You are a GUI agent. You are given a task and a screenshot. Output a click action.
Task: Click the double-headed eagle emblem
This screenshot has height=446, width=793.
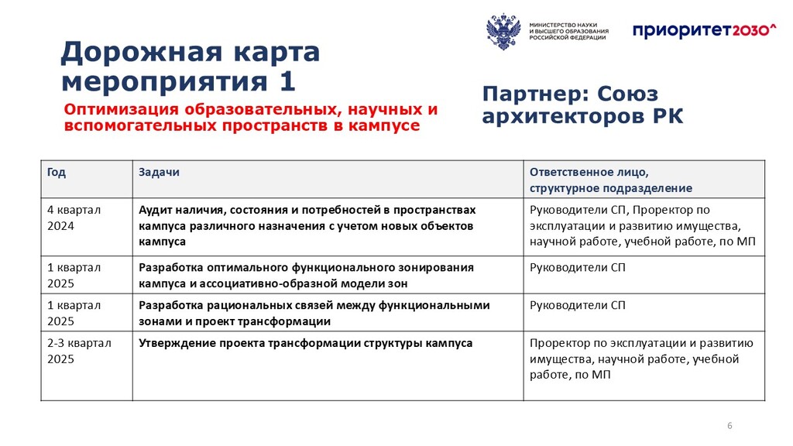(503, 32)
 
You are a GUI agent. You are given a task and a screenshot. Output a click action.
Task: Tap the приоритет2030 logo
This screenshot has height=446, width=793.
(704, 31)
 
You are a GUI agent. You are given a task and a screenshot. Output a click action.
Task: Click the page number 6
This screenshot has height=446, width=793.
(729, 426)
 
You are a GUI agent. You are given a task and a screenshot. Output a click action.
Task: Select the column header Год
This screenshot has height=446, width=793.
(56, 173)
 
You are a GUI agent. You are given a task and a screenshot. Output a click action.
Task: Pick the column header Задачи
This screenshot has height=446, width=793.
(159, 173)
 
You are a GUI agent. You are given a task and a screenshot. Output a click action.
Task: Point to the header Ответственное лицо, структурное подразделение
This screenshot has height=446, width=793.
(611, 180)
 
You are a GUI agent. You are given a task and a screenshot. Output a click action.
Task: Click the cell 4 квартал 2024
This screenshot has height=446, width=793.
(74, 218)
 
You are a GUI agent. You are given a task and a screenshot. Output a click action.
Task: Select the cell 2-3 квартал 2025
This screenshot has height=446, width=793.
(79, 351)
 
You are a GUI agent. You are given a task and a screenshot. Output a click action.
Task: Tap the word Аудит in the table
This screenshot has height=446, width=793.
(155, 211)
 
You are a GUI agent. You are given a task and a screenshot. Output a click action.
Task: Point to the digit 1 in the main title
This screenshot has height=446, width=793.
(287, 81)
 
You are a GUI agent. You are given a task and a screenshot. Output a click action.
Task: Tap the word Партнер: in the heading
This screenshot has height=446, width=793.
(536, 94)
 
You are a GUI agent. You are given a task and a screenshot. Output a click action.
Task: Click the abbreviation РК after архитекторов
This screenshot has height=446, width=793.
(668, 116)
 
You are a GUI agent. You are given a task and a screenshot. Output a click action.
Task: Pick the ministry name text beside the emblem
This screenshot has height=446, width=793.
(569, 31)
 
